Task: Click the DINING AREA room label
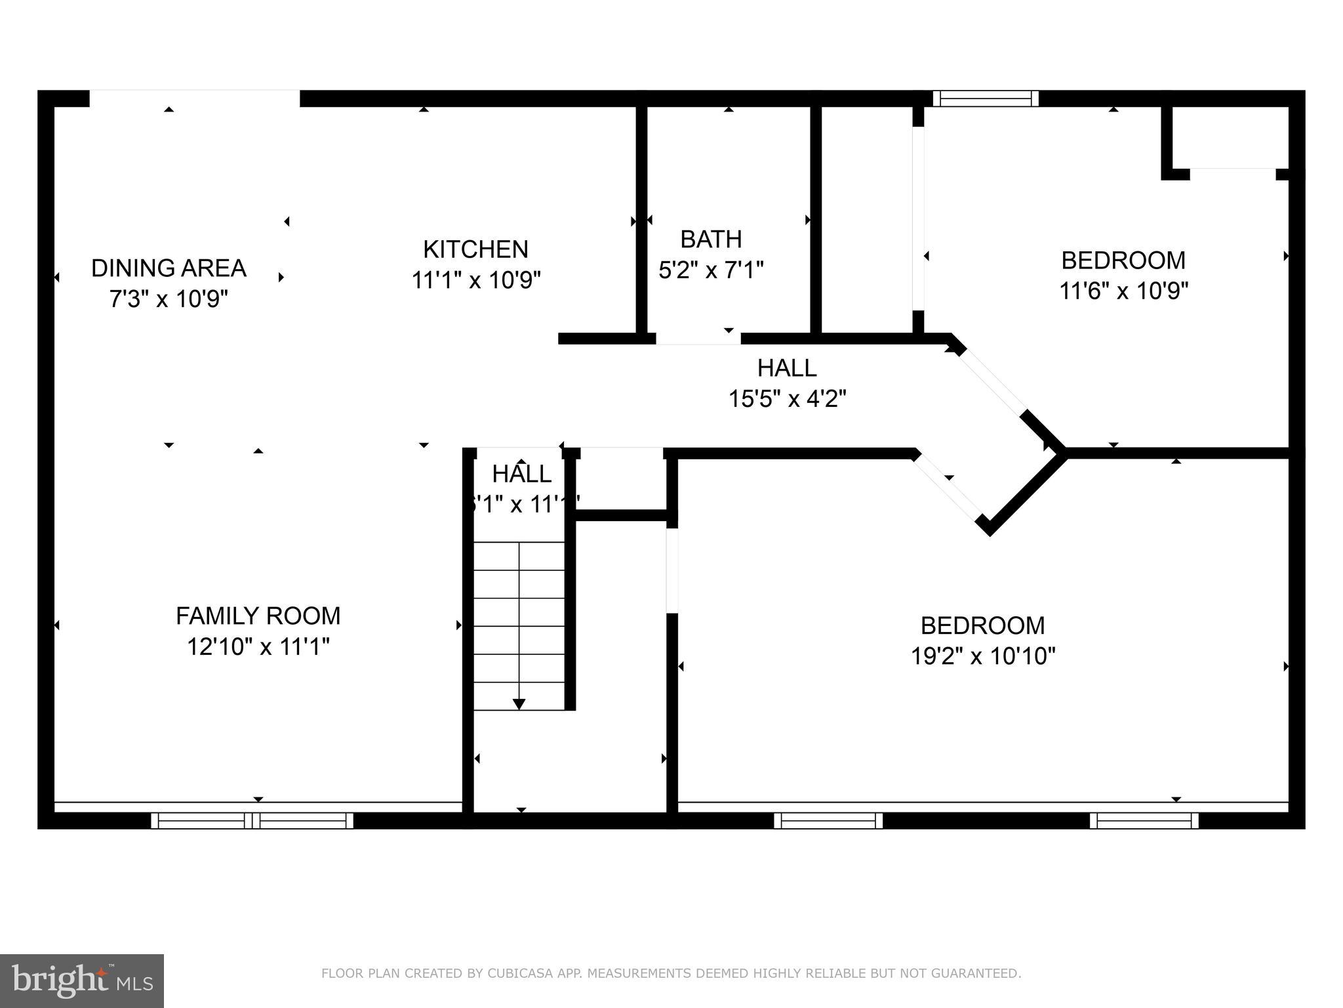[169, 268]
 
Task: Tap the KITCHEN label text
[475, 249]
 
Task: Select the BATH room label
[711, 240]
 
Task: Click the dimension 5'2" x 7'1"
[711, 270]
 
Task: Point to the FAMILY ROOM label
[258, 616]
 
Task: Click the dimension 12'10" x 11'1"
[258, 647]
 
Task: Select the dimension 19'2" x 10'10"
[982, 656]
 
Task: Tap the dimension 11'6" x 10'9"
[1123, 291]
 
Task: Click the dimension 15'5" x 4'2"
[787, 398]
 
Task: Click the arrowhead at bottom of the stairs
[519, 704]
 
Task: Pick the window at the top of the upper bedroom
[986, 99]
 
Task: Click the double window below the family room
[252, 820]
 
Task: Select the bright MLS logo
[82, 980]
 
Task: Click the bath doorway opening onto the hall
[698, 339]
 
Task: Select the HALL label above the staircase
[521, 474]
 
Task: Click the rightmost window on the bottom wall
[1144, 820]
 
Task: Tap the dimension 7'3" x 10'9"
[169, 299]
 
